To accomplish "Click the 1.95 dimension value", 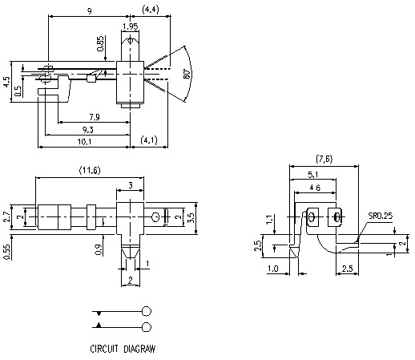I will tap(129, 26).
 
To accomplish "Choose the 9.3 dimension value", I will tap(88, 130).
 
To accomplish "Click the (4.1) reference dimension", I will tap(150, 141).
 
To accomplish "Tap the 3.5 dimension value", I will tap(190, 216).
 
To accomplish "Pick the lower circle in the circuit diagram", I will tap(147, 326).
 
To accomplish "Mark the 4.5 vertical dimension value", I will tap(6, 83).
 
